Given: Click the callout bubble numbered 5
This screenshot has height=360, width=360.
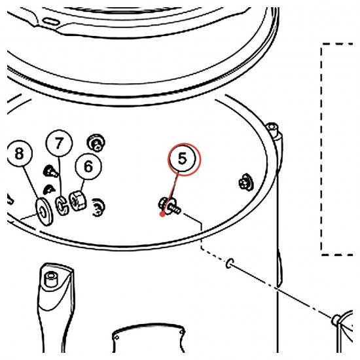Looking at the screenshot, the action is point(183,158).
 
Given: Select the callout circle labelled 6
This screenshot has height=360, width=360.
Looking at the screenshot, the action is point(88,166).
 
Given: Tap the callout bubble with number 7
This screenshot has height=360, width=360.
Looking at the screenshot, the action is point(59,143).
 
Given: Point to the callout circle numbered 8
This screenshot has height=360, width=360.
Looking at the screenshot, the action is point(19,153).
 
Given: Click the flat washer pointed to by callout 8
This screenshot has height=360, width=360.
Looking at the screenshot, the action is point(44,211).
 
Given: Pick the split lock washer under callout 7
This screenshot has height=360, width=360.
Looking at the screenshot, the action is point(62,206).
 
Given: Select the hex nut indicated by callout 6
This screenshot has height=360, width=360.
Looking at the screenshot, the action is point(78,200).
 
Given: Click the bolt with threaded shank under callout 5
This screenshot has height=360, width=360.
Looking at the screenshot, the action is point(170,206).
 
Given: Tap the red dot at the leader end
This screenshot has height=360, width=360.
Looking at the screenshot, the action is point(162,214).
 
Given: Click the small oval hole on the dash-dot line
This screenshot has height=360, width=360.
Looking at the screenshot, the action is point(230,263).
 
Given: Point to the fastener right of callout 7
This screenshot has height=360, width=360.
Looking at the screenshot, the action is point(96,142).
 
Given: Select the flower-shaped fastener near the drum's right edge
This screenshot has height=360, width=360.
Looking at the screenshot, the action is point(245,182).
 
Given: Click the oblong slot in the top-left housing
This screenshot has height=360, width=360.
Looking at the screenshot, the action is point(51,22).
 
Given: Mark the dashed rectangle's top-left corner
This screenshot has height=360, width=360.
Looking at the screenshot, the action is point(322,44).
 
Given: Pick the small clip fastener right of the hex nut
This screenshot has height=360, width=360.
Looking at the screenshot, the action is point(98,207).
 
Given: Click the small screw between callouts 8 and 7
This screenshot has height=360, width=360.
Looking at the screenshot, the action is point(50,171).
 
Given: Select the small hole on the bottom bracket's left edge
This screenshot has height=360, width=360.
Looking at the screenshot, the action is point(117,338).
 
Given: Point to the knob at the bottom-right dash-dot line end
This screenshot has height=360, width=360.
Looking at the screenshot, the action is point(336,320).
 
